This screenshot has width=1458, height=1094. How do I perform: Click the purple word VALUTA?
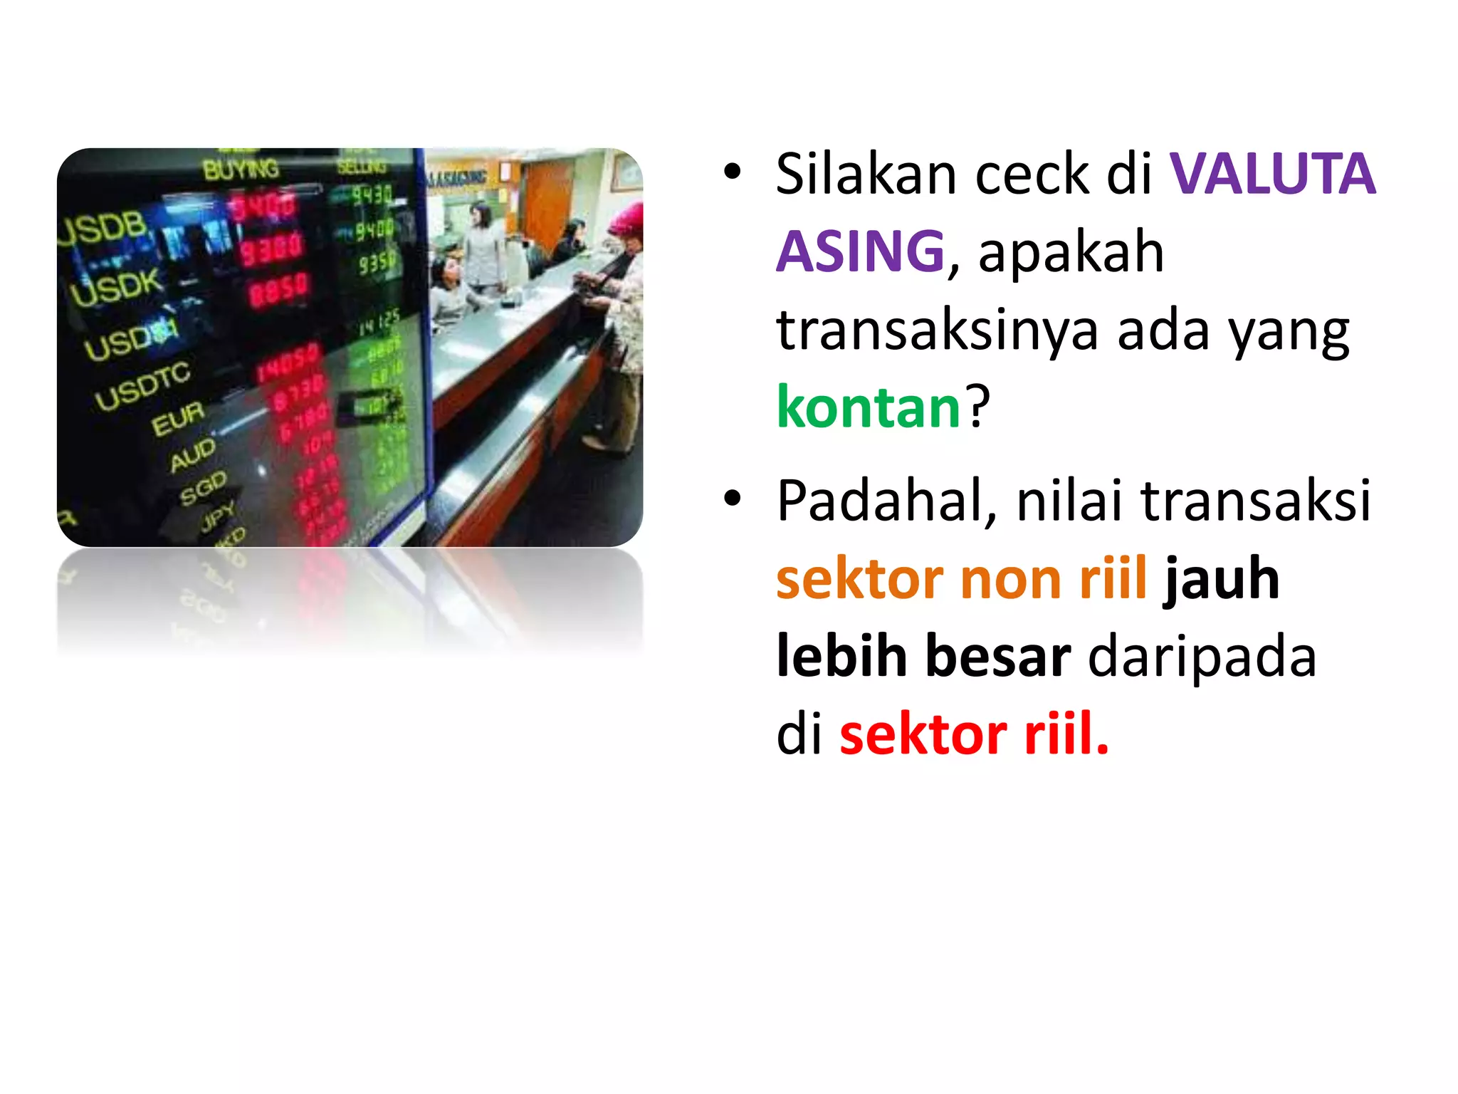[1272, 174]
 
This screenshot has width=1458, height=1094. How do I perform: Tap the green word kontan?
[869, 407]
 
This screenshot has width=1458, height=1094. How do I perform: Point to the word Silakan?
[866, 174]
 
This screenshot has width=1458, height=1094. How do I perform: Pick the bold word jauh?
[1222, 578]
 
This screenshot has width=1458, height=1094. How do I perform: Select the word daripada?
[1202, 657]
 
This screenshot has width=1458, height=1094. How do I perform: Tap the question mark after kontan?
[978, 407]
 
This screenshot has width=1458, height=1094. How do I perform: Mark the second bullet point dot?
[732, 499]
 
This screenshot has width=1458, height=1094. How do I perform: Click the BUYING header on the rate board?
[241, 170]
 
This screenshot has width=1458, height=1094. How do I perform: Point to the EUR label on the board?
[177, 418]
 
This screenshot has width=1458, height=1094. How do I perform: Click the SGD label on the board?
[203, 488]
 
